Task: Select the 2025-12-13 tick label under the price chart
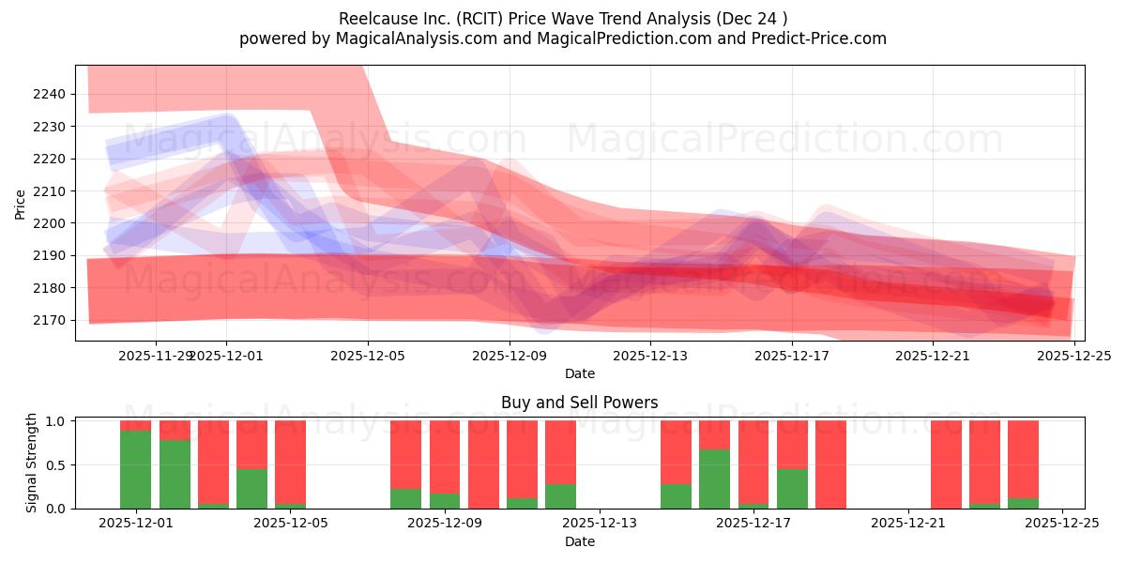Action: [650, 356]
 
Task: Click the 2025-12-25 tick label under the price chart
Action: [1074, 356]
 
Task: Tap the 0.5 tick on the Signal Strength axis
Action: [55, 464]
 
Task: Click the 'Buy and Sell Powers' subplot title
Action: [579, 403]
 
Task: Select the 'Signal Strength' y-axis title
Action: [32, 463]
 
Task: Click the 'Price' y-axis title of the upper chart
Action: [21, 204]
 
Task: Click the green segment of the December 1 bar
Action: [136, 469]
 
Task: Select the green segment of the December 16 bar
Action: [715, 479]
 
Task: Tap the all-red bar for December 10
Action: [483, 464]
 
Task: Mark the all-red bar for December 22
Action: [946, 464]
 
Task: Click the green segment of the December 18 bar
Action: [793, 489]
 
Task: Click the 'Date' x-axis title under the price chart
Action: [579, 373]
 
